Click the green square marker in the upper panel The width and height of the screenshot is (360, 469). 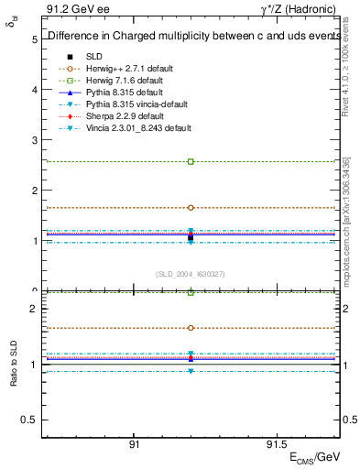pos(191,161)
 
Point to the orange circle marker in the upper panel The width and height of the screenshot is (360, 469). pos(191,208)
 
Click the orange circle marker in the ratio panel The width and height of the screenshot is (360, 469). pos(191,327)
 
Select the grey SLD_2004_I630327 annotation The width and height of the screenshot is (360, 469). pos(191,274)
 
